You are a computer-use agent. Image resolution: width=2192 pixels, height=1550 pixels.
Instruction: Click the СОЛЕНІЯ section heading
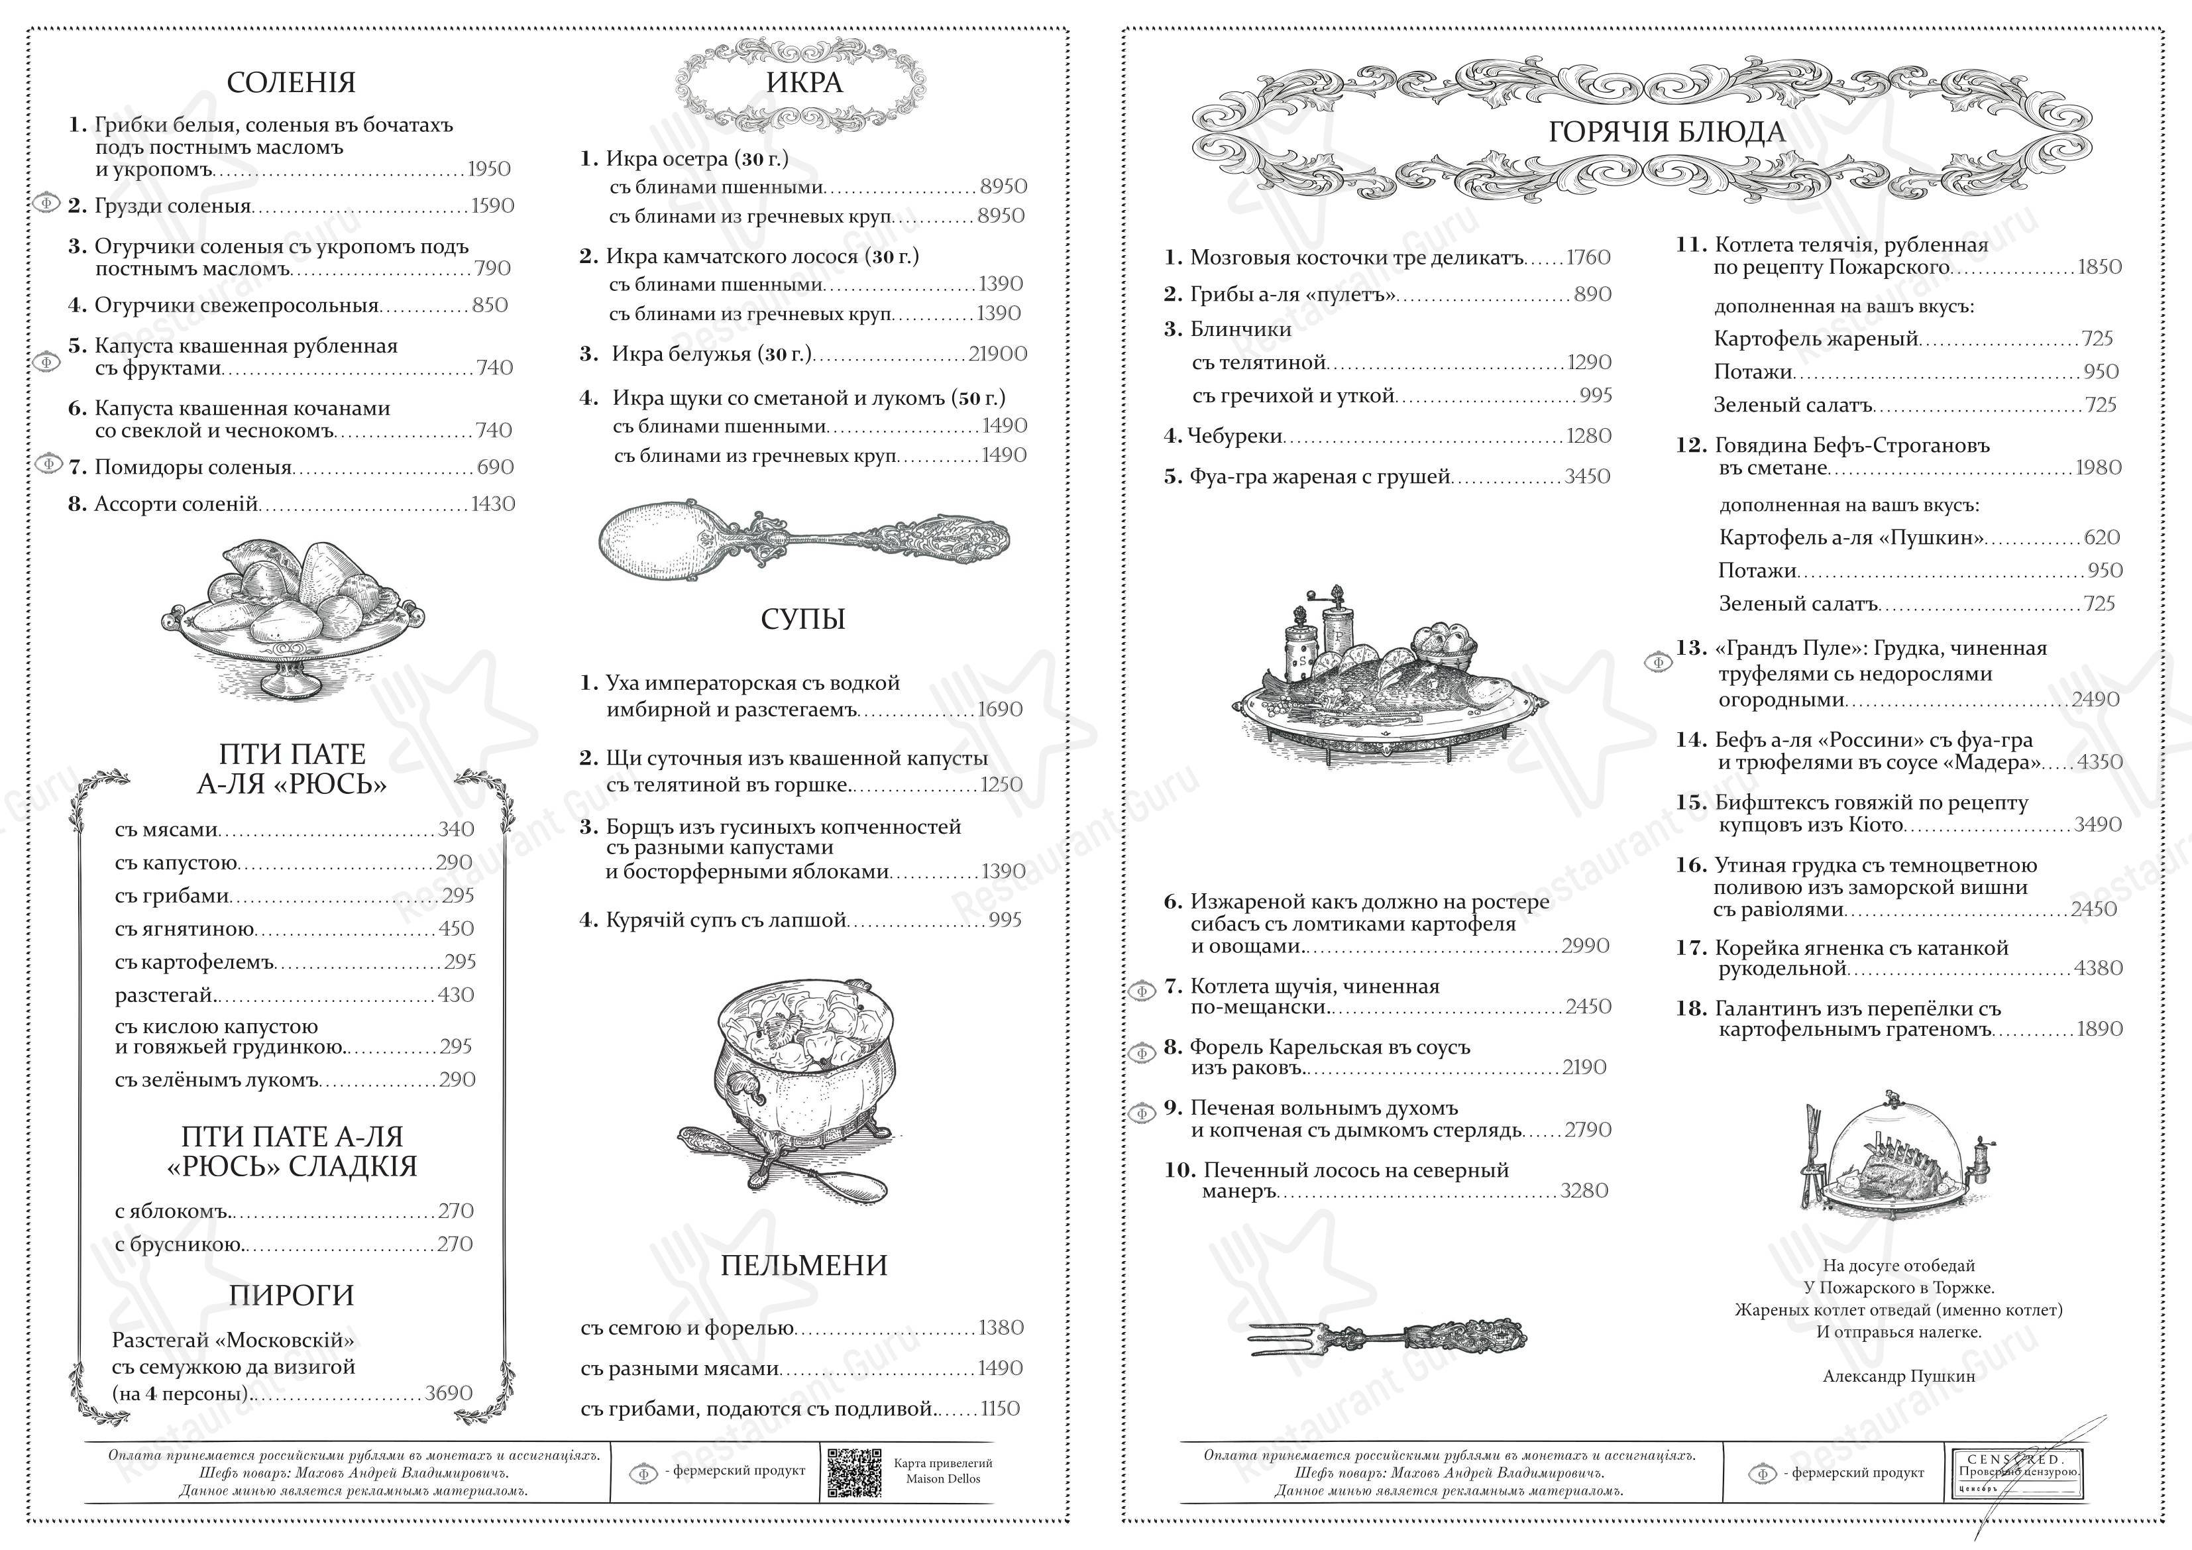pos(290,83)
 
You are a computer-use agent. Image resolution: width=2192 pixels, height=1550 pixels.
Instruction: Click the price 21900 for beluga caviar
pos(998,355)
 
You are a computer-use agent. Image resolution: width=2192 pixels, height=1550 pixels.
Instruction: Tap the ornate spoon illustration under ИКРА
pos(803,541)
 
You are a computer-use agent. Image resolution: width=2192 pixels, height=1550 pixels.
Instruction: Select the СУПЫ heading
pos(803,620)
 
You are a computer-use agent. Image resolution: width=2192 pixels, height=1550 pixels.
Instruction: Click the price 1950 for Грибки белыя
pos(489,169)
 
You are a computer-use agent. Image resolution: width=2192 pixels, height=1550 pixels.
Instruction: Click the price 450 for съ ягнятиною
pos(455,928)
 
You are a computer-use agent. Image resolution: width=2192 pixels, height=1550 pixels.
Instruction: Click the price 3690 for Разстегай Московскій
pos(448,1394)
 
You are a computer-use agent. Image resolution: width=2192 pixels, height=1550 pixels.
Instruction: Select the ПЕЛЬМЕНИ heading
pos(803,1266)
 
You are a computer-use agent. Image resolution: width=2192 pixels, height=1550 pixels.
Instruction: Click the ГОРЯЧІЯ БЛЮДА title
pos(1666,132)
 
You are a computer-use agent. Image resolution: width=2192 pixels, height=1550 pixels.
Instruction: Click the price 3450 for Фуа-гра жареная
pos(1587,476)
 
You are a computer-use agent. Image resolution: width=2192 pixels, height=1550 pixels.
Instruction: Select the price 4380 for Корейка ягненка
pos(2097,968)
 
